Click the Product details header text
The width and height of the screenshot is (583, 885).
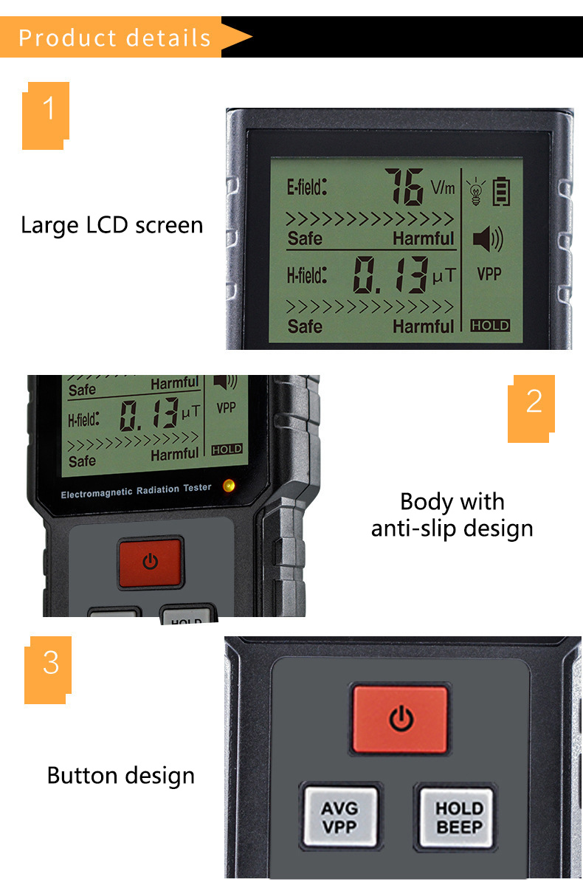coord(114,37)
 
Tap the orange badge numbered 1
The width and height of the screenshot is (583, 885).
coord(47,112)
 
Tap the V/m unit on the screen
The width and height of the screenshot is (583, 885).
coord(443,187)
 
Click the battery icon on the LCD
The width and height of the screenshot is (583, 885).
coord(502,190)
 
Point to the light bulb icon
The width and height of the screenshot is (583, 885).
coord(476,190)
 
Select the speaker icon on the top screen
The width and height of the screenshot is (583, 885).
coord(487,239)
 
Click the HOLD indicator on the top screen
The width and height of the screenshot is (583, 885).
coord(491,326)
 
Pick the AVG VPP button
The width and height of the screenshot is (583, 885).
coord(339,816)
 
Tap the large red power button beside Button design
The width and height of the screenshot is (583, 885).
coord(401,719)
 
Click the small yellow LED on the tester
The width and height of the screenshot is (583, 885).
coord(229,485)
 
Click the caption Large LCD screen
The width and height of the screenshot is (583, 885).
coord(111,224)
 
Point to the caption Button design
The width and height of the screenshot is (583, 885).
coord(121,775)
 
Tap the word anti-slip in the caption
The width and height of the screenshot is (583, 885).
coord(417,528)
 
